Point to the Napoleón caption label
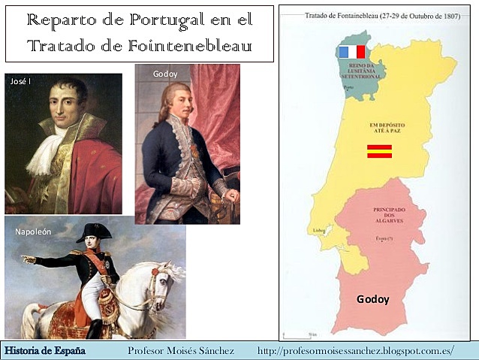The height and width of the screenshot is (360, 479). coord(33,231)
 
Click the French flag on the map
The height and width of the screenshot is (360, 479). coord(351,52)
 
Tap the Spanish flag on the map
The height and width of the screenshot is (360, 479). coord(378,150)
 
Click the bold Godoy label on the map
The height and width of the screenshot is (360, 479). coord(373,299)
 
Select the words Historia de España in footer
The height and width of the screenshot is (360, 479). coord(45,351)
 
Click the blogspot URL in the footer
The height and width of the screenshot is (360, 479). coord(355,351)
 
